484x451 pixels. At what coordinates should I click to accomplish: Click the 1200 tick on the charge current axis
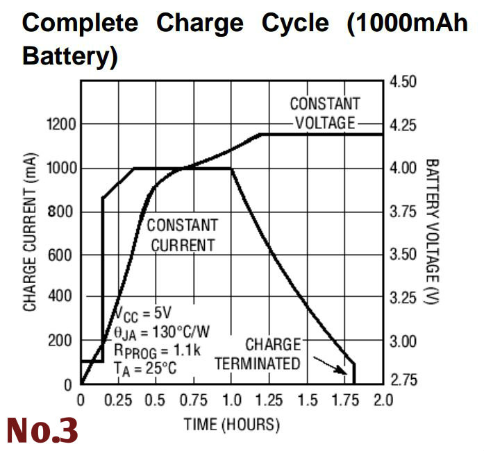pyautogui.click(x=60, y=125)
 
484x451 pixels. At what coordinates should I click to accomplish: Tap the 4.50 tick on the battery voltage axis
pyautogui.click(x=403, y=82)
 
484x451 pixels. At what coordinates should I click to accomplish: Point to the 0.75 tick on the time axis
pyautogui.click(x=194, y=400)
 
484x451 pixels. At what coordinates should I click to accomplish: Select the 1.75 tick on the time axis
pyautogui.click(x=345, y=400)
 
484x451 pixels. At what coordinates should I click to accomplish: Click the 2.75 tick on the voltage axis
pyautogui.click(x=403, y=380)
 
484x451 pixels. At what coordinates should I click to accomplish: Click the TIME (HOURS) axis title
pyautogui.click(x=231, y=424)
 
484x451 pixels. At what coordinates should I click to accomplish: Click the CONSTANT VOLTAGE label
pyautogui.click(x=325, y=113)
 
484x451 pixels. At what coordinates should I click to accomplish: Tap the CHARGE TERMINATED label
pyautogui.click(x=258, y=354)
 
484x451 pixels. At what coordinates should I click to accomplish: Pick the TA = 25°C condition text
pyautogui.click(x=146, y=368)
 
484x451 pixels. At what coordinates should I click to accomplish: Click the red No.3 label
pyautogui.click(x=41, y=430)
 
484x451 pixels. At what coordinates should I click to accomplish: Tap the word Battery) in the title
pyautogui.click(x=69, y=56)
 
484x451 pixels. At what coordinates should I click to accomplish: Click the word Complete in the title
pyautogui.click(x=80, y=23)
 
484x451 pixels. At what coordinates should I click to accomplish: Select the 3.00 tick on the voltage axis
pyautogui.click(x=403, y=341)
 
